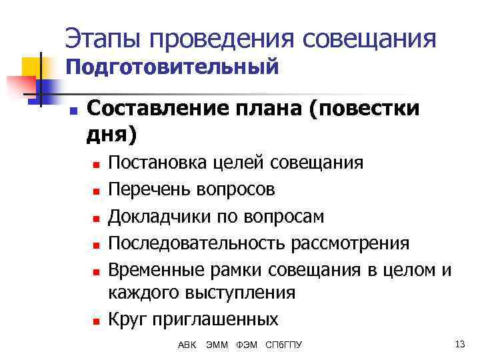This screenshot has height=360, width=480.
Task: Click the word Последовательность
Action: (197, 243)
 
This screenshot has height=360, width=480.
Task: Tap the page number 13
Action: (459, 344)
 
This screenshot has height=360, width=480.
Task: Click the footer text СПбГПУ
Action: (283, 345)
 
